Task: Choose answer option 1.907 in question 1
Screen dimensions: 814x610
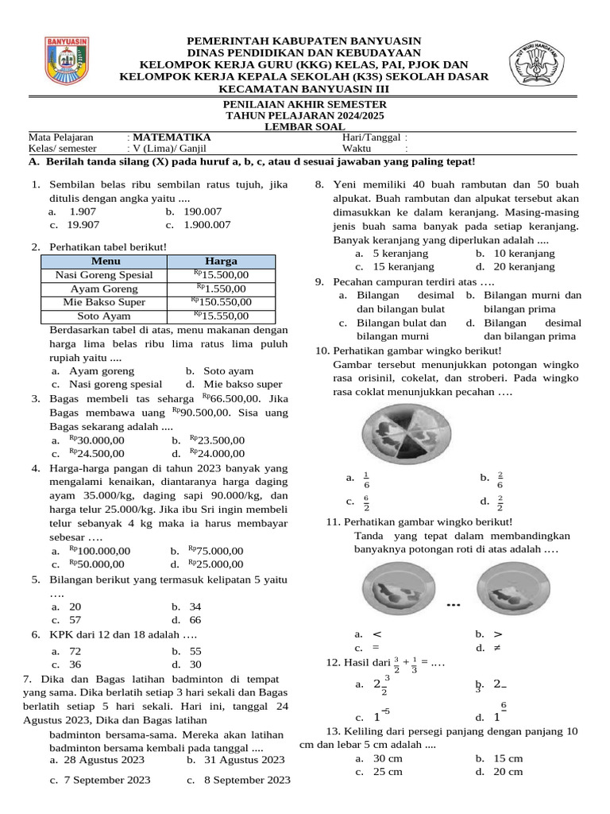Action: point(82,212)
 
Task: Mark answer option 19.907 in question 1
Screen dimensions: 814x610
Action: point(83,225)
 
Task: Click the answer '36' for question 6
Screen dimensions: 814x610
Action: point(75,665)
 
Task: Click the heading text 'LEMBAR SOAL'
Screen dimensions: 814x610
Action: point(306,126)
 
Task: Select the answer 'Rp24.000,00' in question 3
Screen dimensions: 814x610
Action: point(219,454)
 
